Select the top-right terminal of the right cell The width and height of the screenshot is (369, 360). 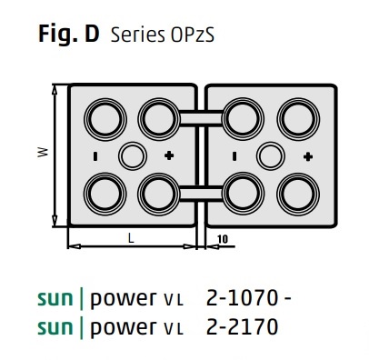296,117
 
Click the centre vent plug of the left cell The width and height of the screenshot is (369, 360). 134,155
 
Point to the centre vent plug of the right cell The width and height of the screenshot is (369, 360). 269,155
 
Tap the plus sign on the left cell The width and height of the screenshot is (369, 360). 168,156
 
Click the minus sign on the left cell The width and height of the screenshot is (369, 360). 95,156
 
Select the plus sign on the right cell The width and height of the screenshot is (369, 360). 306,156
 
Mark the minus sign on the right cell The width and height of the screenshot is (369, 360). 234,156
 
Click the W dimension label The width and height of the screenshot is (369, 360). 41,154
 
